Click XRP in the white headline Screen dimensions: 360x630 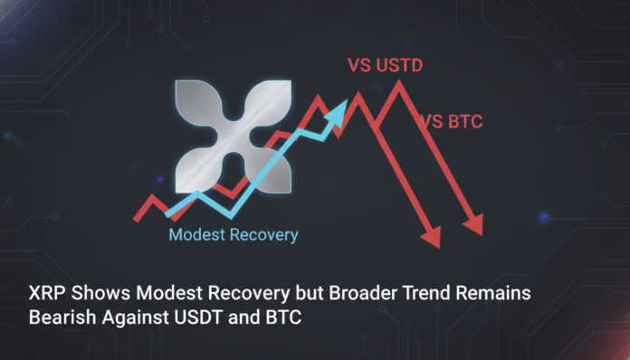click(x=42, y=295)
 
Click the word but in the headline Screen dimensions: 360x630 click(x=295, y=295)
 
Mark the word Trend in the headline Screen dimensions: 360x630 click(x=420, y=295)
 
